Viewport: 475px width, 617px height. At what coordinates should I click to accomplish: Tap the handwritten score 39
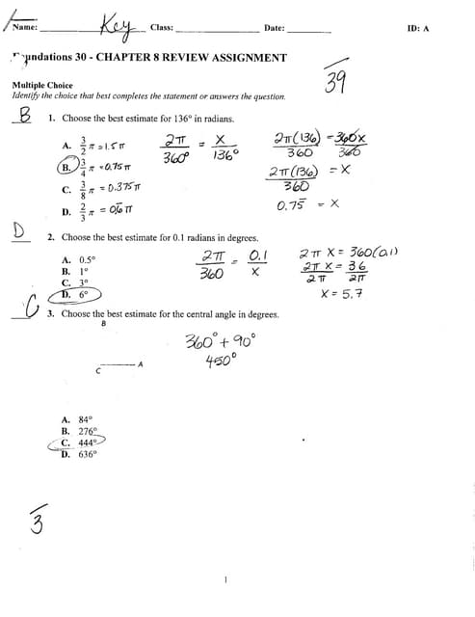pyautogui.click(x=335, y=83)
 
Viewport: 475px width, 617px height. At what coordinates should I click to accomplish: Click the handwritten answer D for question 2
pyautogui.click(x=18, y=229)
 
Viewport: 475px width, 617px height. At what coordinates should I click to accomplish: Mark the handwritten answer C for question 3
pyautogui.click(x=31, y=308)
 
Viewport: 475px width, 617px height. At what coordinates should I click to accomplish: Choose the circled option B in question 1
pyautogui.click(x=69, y=166)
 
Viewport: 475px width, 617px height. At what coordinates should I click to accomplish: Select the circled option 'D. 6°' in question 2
pyautogui.click(x=75, y=295)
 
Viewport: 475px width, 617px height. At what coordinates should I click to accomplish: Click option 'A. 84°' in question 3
pyautogui.click(x=77, y=419)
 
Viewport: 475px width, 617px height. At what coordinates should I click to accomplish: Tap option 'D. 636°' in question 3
pyautogui.click(x=79, y=454)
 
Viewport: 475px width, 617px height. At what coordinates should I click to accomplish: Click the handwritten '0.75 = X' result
pyautogui.click(x=306, y=204)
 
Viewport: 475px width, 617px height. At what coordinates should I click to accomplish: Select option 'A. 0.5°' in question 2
pyautogui.click(x=78, y=260)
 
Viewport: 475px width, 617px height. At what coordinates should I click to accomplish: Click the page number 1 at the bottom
pyautogui.click(x=224, y=579)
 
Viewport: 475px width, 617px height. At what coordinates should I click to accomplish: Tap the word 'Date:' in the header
pyautogui.click(x=274, y=28)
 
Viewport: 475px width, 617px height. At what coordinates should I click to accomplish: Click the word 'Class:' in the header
pyautogui.click(x=162, y=28)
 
